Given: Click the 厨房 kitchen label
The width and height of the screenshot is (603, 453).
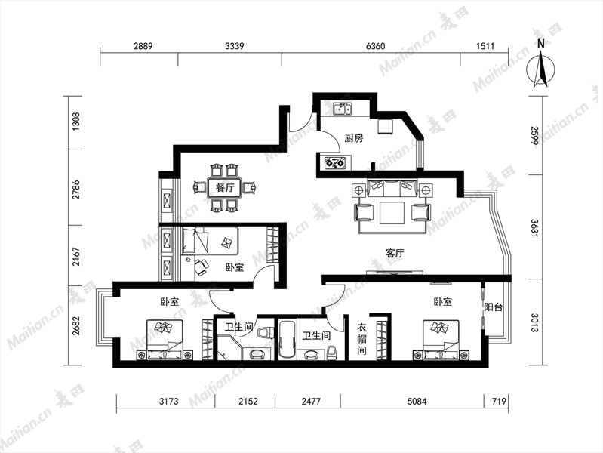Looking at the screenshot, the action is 353,137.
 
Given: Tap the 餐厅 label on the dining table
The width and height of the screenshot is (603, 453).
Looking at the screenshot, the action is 225,188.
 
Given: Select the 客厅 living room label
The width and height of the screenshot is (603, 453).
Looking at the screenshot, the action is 395,253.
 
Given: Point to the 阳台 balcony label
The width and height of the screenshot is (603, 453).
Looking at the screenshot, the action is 494,307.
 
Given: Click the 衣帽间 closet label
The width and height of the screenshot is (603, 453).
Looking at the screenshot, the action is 361,339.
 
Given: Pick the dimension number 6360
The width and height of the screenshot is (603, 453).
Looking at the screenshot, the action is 375,46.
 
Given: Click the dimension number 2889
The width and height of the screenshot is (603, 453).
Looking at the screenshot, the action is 143,46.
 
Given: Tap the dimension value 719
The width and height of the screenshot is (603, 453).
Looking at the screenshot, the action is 499,402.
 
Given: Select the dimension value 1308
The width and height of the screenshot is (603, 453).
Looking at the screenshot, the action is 76,122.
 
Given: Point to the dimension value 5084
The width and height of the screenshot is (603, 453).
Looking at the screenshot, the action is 417,402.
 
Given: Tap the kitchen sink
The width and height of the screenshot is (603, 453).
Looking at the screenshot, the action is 343,108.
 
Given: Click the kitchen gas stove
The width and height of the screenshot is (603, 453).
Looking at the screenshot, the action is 335,163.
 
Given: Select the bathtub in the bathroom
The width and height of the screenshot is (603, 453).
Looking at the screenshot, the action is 286,338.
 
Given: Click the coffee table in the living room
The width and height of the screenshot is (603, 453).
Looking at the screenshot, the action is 392,212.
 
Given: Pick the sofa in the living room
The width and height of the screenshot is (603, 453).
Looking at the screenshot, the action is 392,187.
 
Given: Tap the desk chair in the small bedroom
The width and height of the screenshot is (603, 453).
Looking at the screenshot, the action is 202,267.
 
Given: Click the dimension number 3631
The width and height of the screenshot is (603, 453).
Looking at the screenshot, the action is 535,228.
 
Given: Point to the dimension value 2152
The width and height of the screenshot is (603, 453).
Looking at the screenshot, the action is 248,402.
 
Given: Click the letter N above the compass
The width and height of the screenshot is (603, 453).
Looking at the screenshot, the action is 540,43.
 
